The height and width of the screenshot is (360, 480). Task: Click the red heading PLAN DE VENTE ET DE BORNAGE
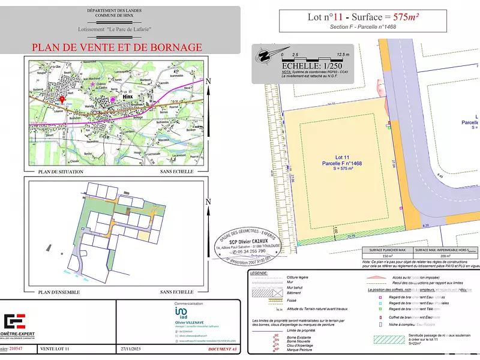[x=116, y=47]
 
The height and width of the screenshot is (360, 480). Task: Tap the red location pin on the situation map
[x=62, y=100]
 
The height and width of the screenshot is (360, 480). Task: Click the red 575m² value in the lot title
[x=402, y=17]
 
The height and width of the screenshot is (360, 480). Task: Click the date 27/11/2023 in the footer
[x=131, y=348]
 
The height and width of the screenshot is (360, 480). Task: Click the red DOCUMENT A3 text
[x=218, y=348]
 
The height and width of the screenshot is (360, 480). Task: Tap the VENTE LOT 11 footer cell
[x=55, y=348]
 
